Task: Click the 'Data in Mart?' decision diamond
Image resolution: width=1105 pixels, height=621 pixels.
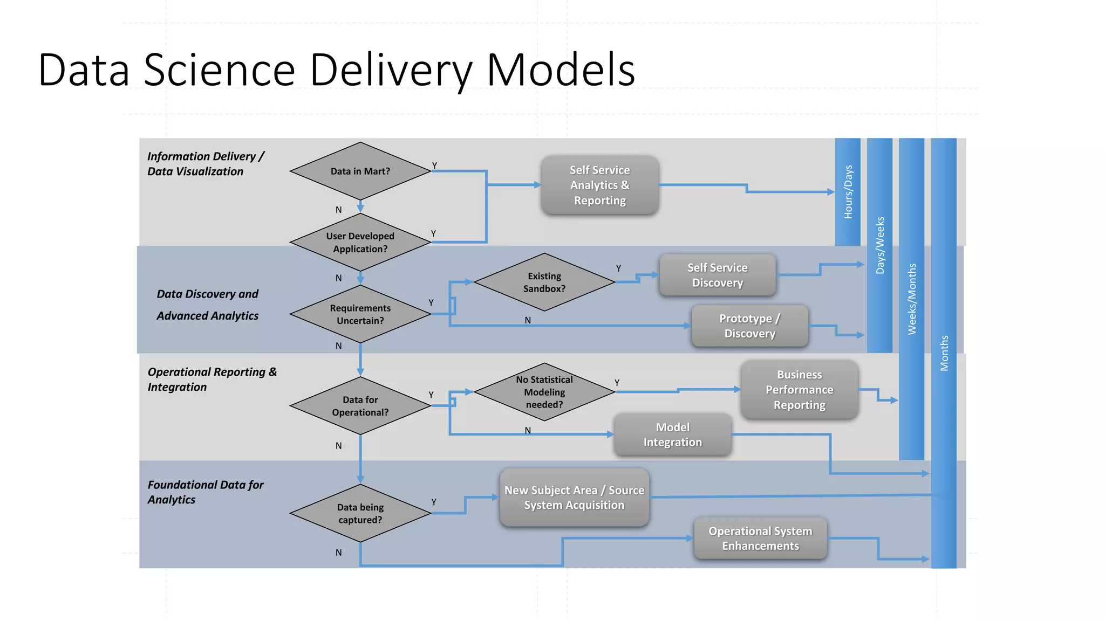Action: pyautogui.click(x=360, y=171)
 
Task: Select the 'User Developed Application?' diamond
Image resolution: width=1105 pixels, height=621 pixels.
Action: pyautogui.click(x=360, y=243)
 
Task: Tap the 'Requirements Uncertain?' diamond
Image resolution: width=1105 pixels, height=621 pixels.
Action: pyautogui.click(x=360, y=314)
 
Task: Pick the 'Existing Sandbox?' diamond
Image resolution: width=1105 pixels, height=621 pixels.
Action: pyautogui.click(x=544, y=282)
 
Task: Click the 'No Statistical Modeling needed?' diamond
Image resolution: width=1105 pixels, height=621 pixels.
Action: pyautogui.click(x=544, y=392)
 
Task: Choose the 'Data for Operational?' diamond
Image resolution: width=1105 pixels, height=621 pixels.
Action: pyautogui.click(x=360, y=406)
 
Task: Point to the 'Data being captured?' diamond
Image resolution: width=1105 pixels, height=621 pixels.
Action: pyautogui.click(x=360, y=513)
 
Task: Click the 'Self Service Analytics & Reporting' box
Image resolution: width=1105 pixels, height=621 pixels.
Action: pyautogui.click(x=599, y=185)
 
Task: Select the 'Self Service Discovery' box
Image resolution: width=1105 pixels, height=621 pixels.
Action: pyautogui.click(x=717, y=275)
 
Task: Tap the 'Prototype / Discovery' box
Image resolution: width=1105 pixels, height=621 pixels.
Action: pyautogui.click(x=749, y=326)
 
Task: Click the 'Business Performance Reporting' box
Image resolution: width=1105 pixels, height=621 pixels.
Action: pyautogui.click(x=799, y=389)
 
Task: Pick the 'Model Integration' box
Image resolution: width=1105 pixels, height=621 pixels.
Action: pyautogui.click(x=672, y=434)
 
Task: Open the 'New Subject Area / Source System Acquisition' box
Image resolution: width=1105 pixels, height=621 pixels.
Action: pyautogui.click(x=574, y=498)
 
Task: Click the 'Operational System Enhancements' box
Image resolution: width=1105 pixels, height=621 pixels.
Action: pyautogui.click(x=760, y=538)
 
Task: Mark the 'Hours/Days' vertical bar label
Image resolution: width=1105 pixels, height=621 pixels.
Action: pyautogui.click(x=848, y=192)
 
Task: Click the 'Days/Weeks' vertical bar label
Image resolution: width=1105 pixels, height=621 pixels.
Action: pyautogui.click(x=880, y=245)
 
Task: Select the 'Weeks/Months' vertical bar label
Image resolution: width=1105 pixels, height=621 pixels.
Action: pyautogui.click(x=912, y=299)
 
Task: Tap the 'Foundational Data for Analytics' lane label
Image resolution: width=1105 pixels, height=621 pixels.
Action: pyautogui.click(x=205, y=492)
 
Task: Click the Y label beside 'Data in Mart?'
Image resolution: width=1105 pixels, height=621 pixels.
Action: pyautogui.click(x=434, y=165)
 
